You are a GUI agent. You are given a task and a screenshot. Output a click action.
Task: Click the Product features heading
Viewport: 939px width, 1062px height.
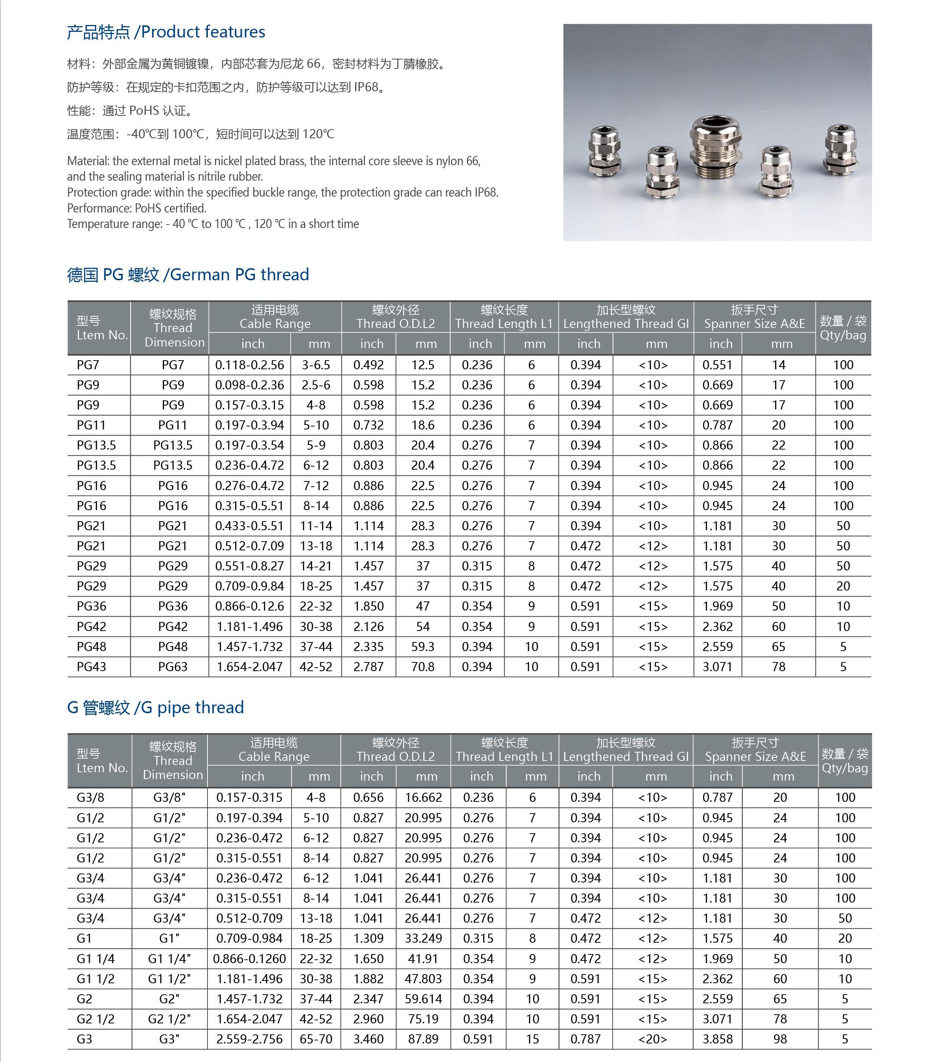[x=166, y=32]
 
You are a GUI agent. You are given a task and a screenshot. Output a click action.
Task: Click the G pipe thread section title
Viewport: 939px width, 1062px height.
[x=155, y=707]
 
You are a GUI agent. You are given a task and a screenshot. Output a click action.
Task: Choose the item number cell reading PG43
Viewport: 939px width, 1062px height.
[x=91, y=667]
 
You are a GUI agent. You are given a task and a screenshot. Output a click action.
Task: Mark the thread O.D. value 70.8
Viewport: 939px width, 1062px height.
[x=423, y=667]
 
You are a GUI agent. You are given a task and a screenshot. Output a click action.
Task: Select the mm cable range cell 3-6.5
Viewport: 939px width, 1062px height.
[x=316, y=365]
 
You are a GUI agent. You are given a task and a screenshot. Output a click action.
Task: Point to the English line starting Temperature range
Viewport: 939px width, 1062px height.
[x=213, y=224]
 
